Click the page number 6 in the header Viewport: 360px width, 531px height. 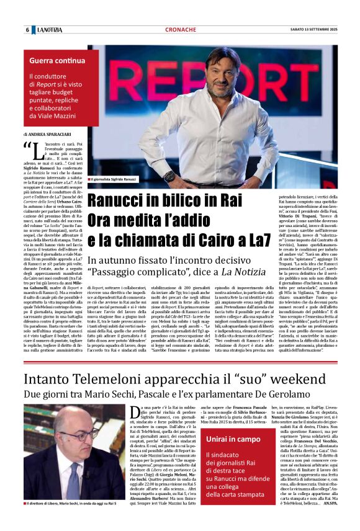[x=27, y=30]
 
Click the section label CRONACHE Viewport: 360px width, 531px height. [x=181, y=30]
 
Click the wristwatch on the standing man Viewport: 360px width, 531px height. [x=169, y=176]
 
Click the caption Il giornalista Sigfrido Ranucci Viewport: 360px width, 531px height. [x=118, y=179]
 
